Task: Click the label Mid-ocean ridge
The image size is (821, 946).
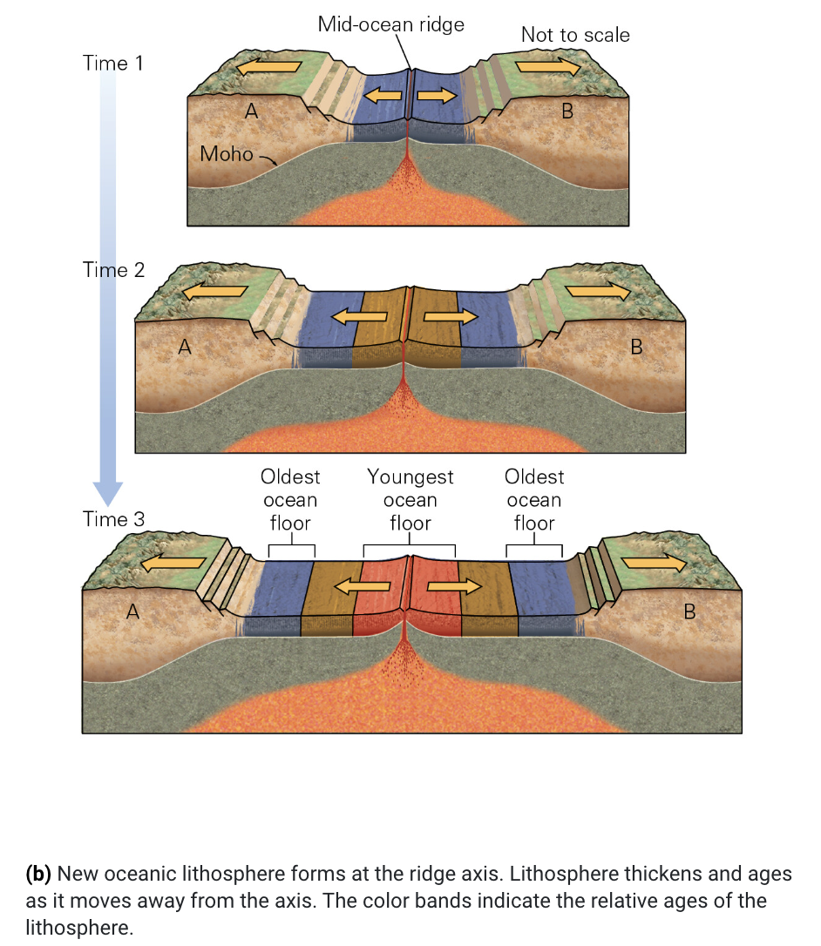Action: pyautogui.click(x=390, y=24)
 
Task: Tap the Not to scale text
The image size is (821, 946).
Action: pyautogui.click(x=575, y=36)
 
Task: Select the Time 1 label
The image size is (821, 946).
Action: pyautogui.click(x=113, y=64)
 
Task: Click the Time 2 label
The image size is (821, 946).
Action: pyautogui.click(x=114, y=270)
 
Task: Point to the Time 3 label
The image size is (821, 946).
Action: pyautogui.click(x=114, y=519)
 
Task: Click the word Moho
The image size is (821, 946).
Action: pyautogui.click(x=226, y=154)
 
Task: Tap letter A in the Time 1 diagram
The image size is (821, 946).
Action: pyautogui.click(x=252, y=111)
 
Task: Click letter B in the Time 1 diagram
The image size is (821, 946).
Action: pyautogui.click(x=567, y=111)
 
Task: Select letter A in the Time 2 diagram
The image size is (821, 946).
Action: pyautogui.click(x=185, y=348)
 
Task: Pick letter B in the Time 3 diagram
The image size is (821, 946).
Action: pyautogui.click(x=689, y=612)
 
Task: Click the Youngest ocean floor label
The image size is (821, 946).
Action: pyautogui.click(x=410, y=500)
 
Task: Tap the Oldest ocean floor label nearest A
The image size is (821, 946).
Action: pyautogui.click(x=290, y=500)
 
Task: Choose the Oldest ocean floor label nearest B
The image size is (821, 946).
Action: pyautogui.click(x=534, y=500)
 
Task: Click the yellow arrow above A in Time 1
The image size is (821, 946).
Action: pyautogui.click(x=269, y=66)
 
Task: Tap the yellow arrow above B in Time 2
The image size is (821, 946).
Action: pyautogui.click(x=598, y=293)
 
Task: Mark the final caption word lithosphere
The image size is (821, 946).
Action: pyautogui.click(x=78, y=927)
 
